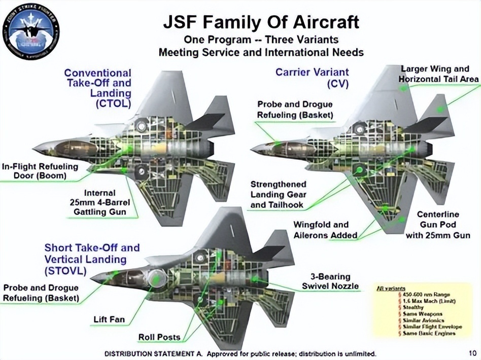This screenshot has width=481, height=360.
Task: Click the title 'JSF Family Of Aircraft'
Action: coord(261,22)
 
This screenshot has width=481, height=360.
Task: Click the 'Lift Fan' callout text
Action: coord(109,320)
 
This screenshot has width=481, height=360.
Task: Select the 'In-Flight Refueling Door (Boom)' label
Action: coord(40,171)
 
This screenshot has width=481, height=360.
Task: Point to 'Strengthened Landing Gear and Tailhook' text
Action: coord(278,195)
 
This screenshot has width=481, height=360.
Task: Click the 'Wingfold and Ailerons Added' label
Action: coord(325,230)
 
